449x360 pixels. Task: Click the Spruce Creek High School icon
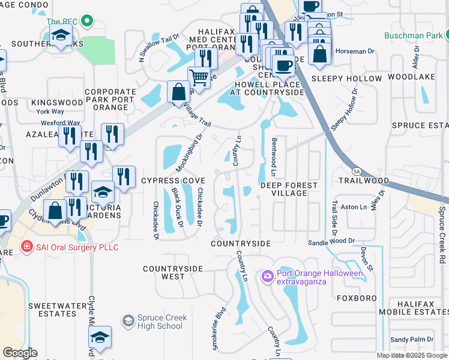pyautogui.click(x=128, y=322)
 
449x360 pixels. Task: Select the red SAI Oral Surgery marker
pyautogui.click(x=26, y=247)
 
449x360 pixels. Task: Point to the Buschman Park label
pyautogui.click(x=414, y=34)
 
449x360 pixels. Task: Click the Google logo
pyautogui.click(x=20, y=353)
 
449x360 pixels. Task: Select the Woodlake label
pyautogui.click(x=411, y=77)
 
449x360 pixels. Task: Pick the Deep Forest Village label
pyautogui.click(x=289, y=190)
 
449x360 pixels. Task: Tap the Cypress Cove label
pyautogui.click(x=173, y=181)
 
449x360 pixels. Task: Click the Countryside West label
pyautogui.click(x=173, y=272)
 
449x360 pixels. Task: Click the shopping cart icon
pyautogui.click(x=199, y=77)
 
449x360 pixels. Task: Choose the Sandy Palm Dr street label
pyautogui.click(x=412, y=340)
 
